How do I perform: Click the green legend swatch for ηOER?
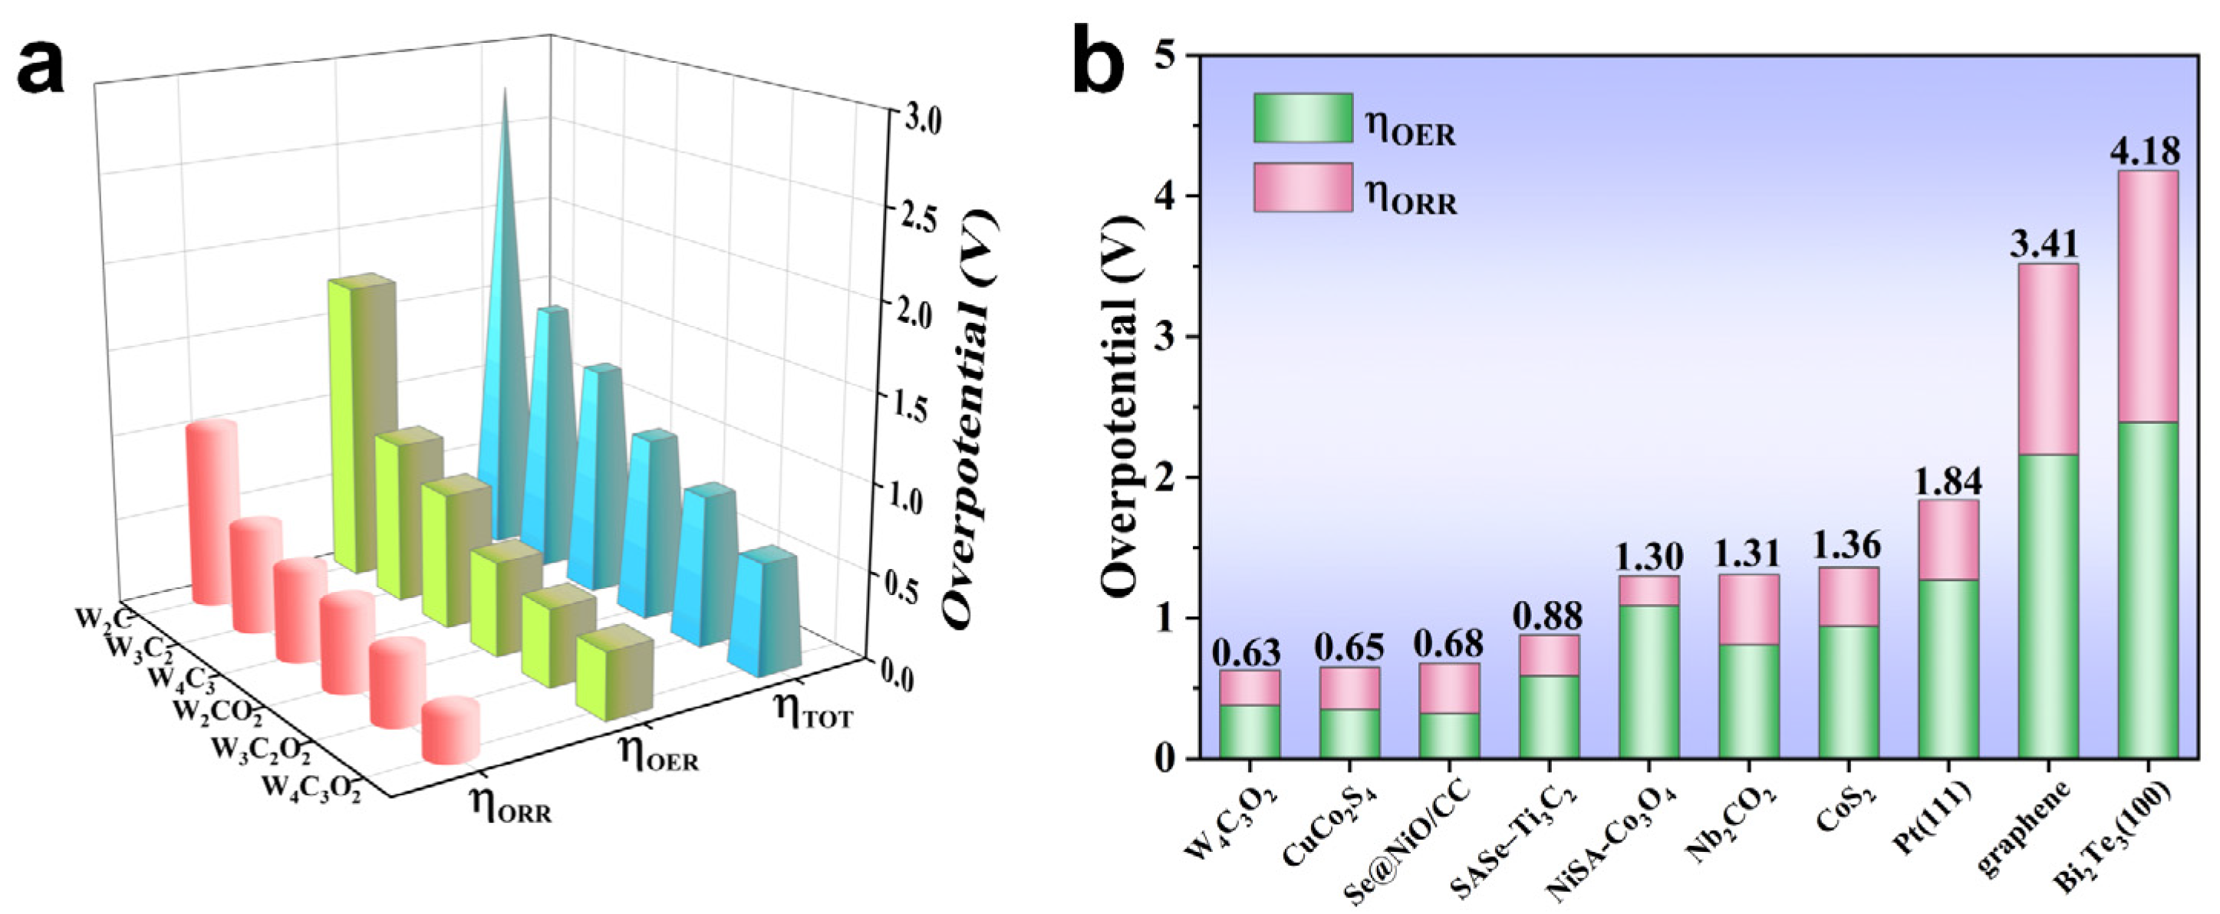click(1303, 118)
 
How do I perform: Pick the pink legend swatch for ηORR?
click(1303, 188)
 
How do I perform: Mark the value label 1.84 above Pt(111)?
click(1948, 482)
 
